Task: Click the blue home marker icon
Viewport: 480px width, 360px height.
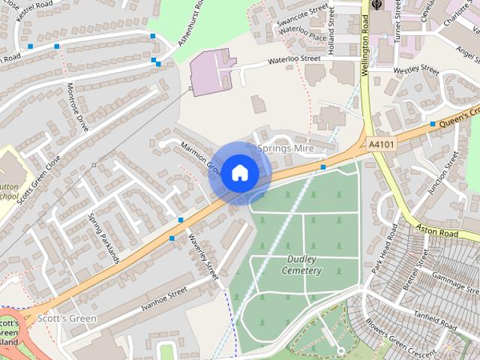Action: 239,172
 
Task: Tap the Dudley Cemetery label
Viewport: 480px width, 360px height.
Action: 304,265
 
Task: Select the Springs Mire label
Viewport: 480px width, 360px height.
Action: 286,149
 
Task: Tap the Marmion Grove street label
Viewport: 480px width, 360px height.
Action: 201,155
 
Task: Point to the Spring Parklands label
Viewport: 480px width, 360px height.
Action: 103,238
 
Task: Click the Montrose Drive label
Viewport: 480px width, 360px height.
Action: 78,107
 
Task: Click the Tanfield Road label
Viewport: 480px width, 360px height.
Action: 433,321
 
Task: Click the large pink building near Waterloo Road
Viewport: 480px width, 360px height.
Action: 212,72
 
